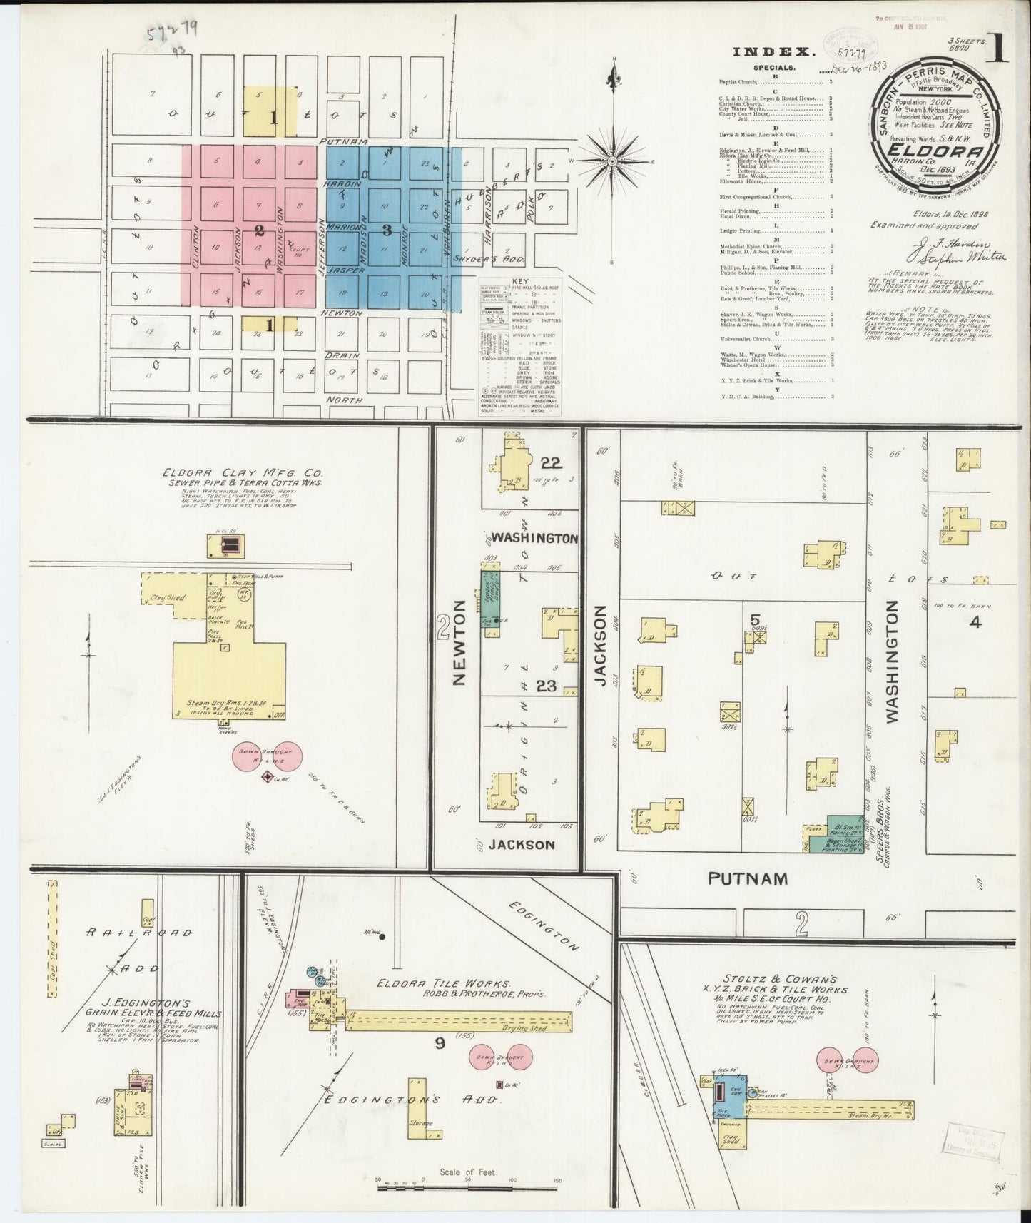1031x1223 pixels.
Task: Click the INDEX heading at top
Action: point(773,52)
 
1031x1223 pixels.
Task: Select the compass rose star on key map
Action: point(611,162)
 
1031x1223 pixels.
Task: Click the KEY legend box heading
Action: point(520,283)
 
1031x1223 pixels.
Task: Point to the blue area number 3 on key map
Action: point(387,230)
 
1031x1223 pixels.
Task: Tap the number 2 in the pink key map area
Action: point(259,230)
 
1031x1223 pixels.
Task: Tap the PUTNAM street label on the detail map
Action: point(747,878)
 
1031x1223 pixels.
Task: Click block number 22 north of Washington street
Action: point(550,462)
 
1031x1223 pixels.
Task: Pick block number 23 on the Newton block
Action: point(546,686)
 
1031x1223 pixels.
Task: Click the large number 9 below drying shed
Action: point(440,1043)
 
